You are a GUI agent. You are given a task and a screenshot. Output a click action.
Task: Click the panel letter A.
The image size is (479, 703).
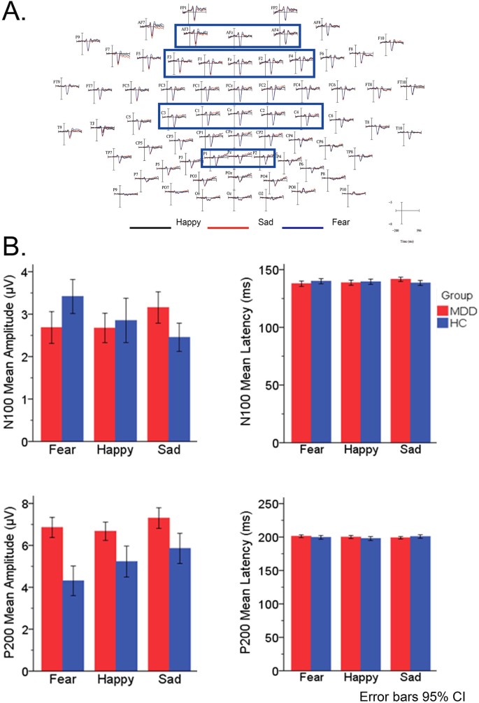tap(15, 13)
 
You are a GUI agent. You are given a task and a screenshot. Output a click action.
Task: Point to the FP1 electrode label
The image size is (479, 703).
tap(183, 7)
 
